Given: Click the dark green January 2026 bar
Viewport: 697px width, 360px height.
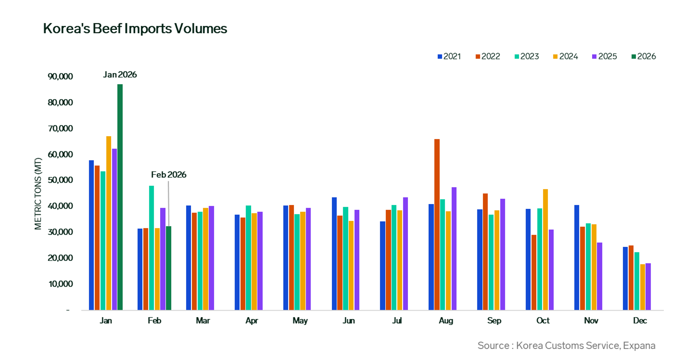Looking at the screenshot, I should [120, 197].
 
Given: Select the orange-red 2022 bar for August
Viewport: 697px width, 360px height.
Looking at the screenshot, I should [437, 225].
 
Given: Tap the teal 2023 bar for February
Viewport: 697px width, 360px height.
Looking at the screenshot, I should [152, 248].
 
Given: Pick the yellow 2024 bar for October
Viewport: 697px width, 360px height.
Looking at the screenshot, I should [545, 250].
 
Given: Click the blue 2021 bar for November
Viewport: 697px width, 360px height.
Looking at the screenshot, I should [577, 257].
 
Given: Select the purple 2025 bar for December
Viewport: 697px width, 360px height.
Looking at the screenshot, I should [648, 287].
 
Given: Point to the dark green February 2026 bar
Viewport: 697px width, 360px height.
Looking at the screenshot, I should [169, 268].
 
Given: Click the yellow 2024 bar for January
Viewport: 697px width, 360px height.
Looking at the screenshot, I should [109, 223].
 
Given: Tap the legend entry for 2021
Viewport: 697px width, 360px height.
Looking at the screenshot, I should [449, 57].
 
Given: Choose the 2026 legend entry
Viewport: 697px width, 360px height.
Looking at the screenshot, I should [644, 57].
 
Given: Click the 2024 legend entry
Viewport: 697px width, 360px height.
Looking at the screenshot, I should [566, 57].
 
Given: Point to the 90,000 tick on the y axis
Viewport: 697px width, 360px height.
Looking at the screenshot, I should [60, 76].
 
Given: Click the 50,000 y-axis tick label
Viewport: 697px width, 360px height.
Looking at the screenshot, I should [60, 180].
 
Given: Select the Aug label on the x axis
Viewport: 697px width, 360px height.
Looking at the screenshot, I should [446, 321].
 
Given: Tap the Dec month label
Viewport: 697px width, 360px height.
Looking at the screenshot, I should [640, 321].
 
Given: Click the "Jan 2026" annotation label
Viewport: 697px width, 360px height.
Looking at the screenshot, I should [120, 75].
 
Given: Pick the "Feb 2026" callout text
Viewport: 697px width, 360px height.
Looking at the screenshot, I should [169, 175].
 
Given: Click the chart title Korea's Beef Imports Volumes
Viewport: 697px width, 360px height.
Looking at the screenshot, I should [135, 28].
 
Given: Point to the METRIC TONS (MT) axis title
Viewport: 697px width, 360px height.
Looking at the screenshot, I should [38, 194].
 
